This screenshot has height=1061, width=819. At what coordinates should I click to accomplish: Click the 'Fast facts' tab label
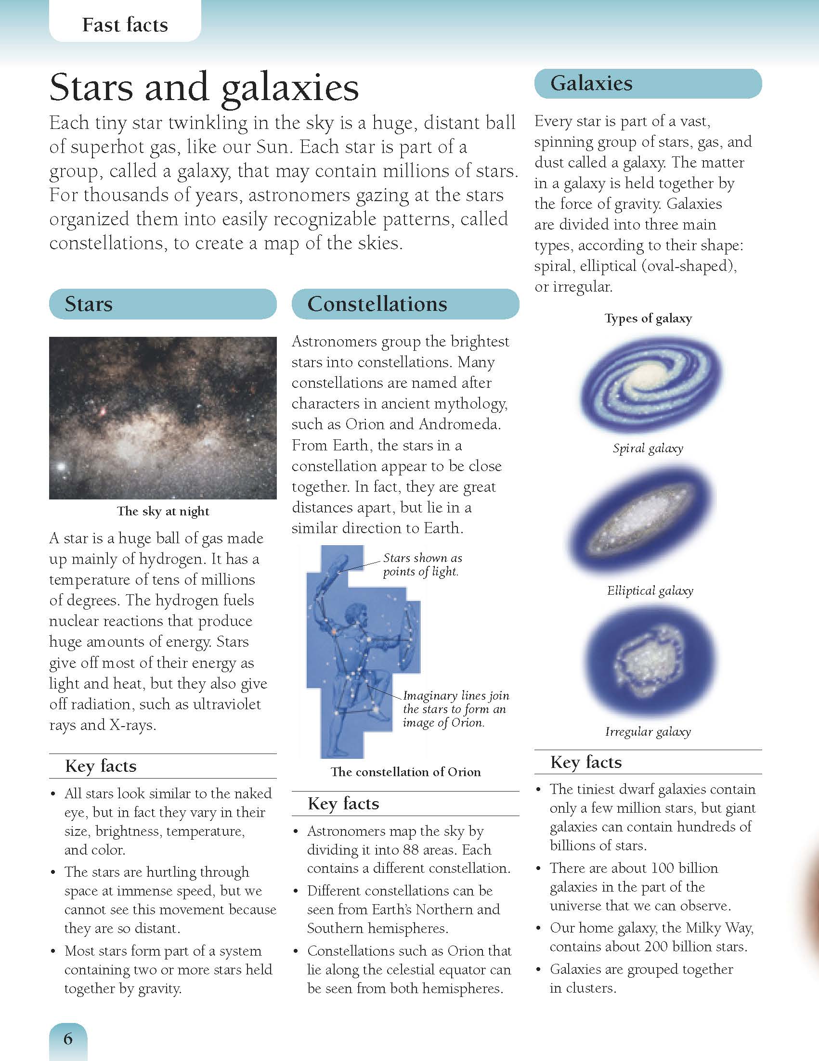point(125,25)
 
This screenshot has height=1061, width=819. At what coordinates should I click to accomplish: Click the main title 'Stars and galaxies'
point(204,88)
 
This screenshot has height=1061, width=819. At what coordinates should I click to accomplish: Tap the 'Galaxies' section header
point(591,83)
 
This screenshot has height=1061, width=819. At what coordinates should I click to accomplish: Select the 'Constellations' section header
point(377,304)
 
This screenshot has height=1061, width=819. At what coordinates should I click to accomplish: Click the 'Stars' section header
point(89,304)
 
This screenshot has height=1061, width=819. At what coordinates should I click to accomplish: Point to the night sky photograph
point(163,418)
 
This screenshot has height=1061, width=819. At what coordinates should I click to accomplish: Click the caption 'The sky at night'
point(163,511)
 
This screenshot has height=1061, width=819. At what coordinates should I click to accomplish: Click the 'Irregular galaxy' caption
point(648,731)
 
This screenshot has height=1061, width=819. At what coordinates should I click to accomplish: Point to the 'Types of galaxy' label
point(648,318)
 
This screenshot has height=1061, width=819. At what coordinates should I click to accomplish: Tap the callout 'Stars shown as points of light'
point(422,564)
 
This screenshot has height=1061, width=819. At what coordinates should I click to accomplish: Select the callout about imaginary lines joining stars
point(455,709)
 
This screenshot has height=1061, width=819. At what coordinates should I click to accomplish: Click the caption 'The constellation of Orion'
point(405,772)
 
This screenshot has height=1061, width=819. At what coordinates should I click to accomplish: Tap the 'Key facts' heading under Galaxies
point(585,762)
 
